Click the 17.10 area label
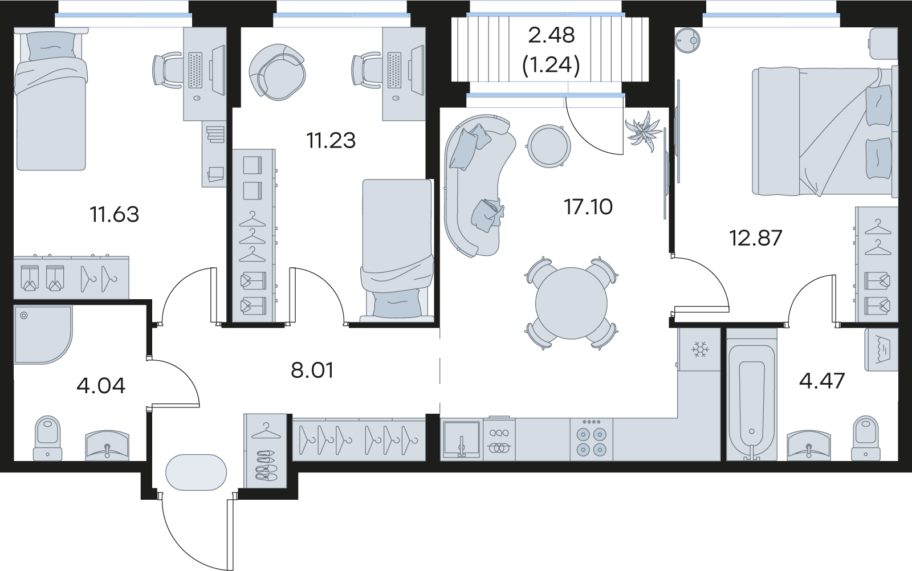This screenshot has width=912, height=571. coord(588,207)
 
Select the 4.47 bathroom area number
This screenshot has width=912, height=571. coord(822,381)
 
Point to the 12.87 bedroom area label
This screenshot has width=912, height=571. coord(756,238)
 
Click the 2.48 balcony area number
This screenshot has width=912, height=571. coord(551,35)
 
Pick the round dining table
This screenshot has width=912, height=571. coord(571,303)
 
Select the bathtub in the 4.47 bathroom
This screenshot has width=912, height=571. coord(752,395)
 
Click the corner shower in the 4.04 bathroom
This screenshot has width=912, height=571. coord(43,335)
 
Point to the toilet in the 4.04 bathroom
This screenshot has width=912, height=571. coord(48,438)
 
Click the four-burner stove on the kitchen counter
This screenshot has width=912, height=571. coord(591,440)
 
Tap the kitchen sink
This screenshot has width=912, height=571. coord(462,440)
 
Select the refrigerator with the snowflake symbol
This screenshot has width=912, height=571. coord(700,349)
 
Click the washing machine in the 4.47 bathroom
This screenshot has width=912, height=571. coord(881,349)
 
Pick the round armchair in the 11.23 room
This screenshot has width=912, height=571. coord(277,72)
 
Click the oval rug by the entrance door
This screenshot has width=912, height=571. coord(196,472)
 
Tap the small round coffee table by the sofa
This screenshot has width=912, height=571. coord(549,146)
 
